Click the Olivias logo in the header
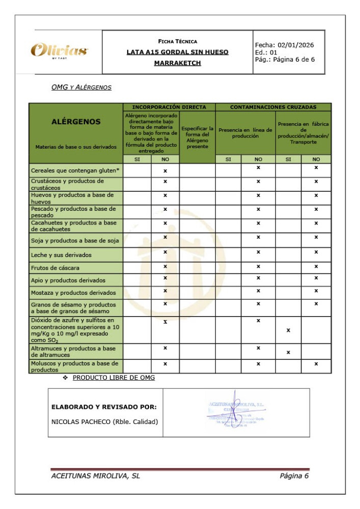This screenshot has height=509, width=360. click(x=59, y=51)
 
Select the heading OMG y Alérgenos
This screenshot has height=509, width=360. click(x=81, y=87)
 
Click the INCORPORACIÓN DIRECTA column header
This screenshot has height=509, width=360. click(x=169, y=107)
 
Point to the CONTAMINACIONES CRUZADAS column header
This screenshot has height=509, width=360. click(x=273, y=107)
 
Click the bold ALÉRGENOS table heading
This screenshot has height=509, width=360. click(x=76, y=122)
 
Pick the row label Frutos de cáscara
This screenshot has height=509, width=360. click(x=55, y=268)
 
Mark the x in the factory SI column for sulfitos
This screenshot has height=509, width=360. click(x=288, y=330)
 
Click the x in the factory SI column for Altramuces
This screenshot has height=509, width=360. click(x=288, y=352)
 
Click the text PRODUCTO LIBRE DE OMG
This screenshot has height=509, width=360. click(x=114, y=378)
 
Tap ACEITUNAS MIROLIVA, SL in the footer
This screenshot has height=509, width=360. click(x=96, y=476)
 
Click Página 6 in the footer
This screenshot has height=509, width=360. click(x=294, y=476)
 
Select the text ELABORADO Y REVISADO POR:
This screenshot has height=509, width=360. click(x=104, y=407)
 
